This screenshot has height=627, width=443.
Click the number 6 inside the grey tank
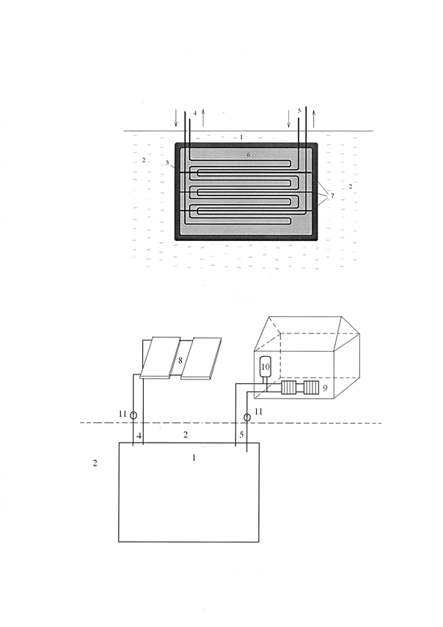point(249,155)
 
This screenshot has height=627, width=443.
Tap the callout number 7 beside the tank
point(332,195)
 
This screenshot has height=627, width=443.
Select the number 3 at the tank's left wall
point(167,163)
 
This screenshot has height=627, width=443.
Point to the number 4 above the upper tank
point(195,113)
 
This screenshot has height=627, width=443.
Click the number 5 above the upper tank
point(299,111)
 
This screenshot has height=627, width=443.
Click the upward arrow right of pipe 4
point(203,117)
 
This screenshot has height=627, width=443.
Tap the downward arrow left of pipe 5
point(289,118)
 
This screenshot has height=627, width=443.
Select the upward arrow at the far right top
point(314,118)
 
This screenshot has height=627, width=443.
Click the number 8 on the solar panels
point(180,360)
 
